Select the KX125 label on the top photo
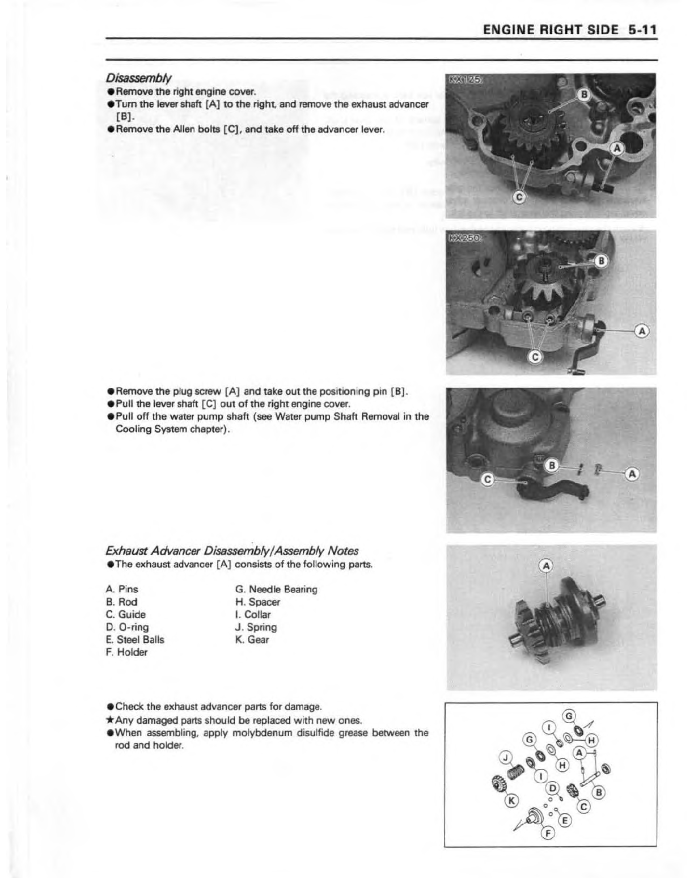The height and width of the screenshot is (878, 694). pos(466,80)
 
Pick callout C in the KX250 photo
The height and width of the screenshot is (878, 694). pos(536,357)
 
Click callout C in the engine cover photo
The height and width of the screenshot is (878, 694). pos(486,480)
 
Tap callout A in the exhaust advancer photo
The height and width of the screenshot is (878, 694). pos(546,565)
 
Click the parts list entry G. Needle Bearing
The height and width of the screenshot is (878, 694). pos(276,589)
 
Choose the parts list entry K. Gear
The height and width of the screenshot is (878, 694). pos(252,639)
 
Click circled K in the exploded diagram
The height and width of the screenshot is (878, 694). pos(512,800)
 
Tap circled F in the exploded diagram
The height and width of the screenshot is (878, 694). pos(548,833)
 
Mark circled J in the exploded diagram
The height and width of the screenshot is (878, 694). pos(504,756)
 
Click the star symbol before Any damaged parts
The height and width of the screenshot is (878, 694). pos(111,720)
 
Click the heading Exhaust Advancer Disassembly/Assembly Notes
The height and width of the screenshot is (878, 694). pos(232,551)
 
